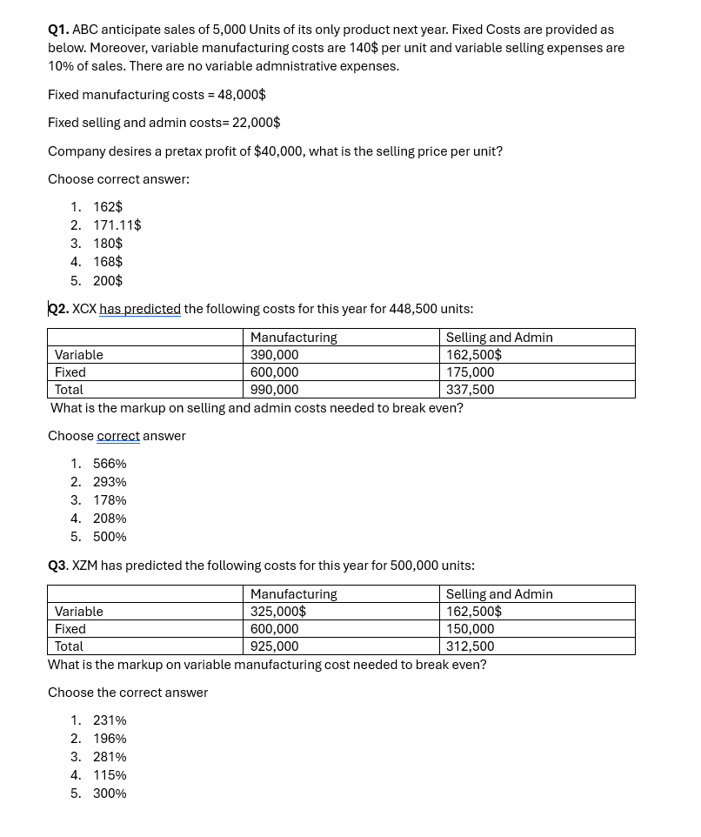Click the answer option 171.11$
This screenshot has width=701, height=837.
coord(117,225)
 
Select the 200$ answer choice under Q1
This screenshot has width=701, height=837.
coord(108,281)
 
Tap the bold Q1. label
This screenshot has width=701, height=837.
coord(58,30)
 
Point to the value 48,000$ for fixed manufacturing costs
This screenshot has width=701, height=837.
coord(242,95)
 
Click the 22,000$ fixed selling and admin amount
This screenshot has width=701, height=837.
coord(256,123)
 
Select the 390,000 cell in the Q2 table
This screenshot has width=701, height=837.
coord(274,355)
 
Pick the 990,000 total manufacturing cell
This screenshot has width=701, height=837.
coord(274,390)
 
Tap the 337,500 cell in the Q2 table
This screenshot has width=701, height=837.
coord(470,390)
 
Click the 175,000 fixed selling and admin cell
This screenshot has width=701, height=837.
coord(470,372)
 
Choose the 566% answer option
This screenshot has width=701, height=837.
coord(110,464)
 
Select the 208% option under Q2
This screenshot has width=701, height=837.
coord(110,519)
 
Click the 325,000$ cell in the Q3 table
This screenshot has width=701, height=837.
coord(277,612)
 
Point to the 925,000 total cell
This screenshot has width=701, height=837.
coord(274,646)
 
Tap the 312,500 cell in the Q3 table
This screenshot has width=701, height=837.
coord(470,646)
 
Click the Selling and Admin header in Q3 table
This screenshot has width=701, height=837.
coord(499,594)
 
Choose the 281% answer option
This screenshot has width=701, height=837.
coord(110,757)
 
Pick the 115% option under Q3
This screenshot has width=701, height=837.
coord(110,775)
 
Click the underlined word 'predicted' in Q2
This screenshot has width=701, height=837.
coord(157,309)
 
